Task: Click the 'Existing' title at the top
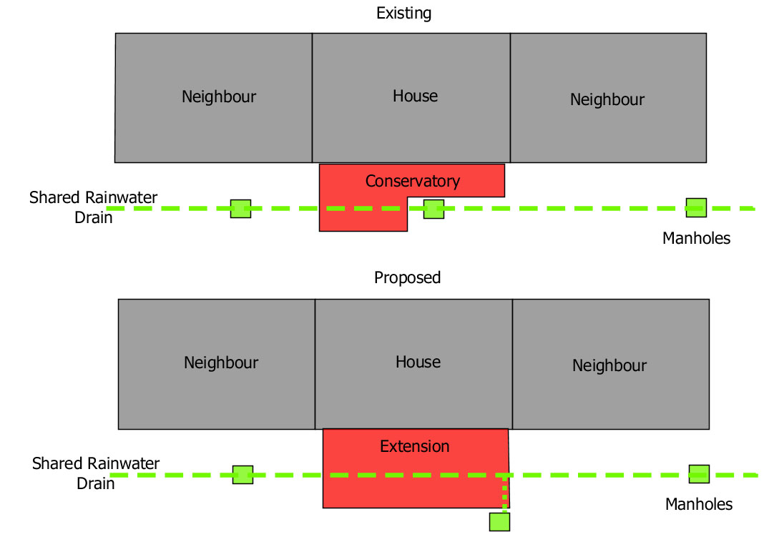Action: coord(403,14)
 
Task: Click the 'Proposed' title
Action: coord(407,278)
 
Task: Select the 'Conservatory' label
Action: coord(413,182)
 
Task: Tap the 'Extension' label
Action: coord(414,446)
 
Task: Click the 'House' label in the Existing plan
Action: coord(415,96)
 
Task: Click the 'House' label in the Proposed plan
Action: coord(418,362)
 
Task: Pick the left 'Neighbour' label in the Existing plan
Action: coord(219,97)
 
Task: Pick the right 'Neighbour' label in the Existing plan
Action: coord(607,99)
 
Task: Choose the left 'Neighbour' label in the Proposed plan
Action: coord(221,363)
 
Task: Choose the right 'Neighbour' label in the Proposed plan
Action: coord(609,366)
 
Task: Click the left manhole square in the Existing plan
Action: coord(241,209)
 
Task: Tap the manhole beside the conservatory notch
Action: coord(434,209)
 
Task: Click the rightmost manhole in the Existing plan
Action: coord(697,207)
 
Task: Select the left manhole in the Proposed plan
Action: coord(243,475)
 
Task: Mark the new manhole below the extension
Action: coord(500,522)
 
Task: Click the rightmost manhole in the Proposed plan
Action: coord(700,474)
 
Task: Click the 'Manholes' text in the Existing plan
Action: coord(697,238)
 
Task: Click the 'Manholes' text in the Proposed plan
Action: coord(699,504)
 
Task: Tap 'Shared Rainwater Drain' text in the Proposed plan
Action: coord(96,473)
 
